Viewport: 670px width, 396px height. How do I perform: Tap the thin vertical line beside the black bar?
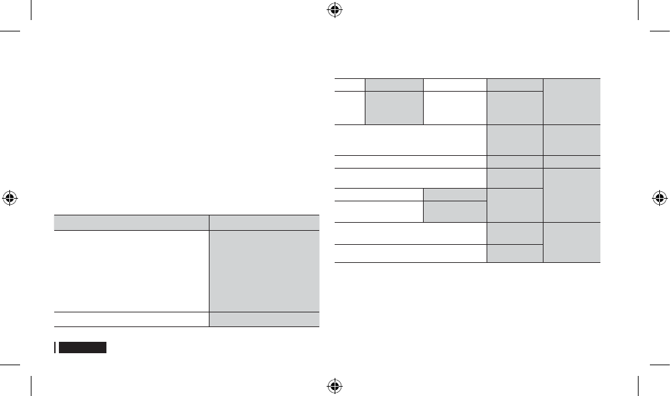[55, 348]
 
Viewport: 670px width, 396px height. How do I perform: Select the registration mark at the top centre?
[335, 10]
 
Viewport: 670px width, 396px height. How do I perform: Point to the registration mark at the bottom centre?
[335, 386]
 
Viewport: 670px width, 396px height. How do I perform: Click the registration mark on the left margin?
[10, 198]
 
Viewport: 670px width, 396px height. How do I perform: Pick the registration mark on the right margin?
[660, 198]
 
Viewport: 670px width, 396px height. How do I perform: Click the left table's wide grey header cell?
[131, 222]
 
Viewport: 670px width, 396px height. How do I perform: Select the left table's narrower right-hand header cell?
[264, 222]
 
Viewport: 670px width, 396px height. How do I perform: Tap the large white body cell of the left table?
[131, 270]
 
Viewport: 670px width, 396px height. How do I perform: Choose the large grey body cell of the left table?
[264, 270]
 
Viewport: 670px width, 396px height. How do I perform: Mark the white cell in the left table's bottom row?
[131, 319]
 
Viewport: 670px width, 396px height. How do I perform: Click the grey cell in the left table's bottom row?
[264, 319]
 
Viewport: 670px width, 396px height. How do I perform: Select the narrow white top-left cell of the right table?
[349, 84]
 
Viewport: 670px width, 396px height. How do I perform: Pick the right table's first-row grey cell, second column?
[394, 84]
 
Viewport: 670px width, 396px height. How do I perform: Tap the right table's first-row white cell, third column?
[454, 84]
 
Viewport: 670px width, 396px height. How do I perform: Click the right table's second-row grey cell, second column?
[394, 107]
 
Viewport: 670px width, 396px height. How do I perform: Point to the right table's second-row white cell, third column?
[454, 107]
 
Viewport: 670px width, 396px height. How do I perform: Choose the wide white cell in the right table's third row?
[410, 139]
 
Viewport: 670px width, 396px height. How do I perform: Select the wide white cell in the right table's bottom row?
[410, 253]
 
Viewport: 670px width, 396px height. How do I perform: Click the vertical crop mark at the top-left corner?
[31, 10]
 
